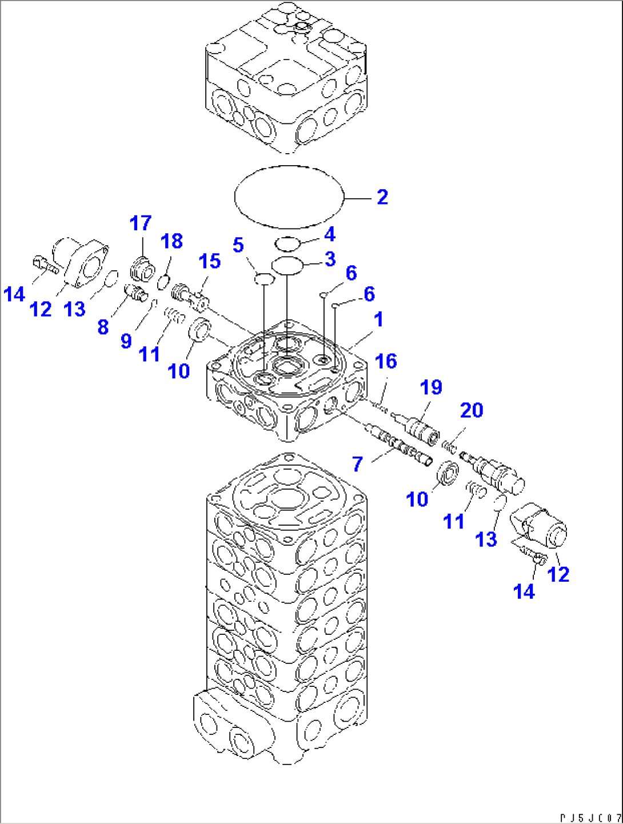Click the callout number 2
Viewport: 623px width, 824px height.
382,197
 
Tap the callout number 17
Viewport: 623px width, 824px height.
141,223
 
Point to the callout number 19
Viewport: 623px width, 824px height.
431,387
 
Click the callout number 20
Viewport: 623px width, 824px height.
472,410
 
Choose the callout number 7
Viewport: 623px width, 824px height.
357,464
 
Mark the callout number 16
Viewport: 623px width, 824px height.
386,361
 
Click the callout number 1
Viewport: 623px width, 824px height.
378,320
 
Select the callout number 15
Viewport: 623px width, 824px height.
210,261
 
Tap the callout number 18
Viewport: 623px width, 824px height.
171,241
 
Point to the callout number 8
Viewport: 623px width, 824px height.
103,327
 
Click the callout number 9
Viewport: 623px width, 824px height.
126,341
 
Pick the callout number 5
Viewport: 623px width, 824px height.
238,245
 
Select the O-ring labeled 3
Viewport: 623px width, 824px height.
287,265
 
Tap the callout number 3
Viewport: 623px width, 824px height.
330,259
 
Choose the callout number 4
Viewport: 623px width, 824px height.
329,234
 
